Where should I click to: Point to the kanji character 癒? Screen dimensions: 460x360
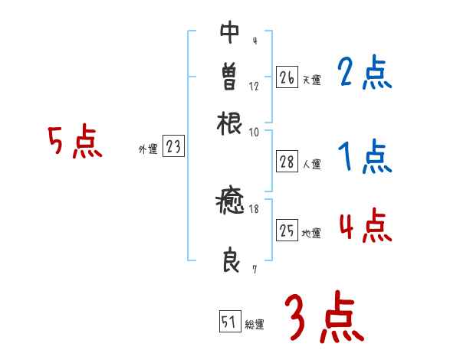coord(230,203)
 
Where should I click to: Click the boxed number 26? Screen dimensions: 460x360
coord(287,77)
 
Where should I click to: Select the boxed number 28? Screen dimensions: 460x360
coord(287,162)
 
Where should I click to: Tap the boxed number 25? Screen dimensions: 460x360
coord(287,231)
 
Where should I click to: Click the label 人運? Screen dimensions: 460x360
coord(311,164)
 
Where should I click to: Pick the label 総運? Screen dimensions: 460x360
coord(255,325)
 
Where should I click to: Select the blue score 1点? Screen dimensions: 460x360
coord(364,157)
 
